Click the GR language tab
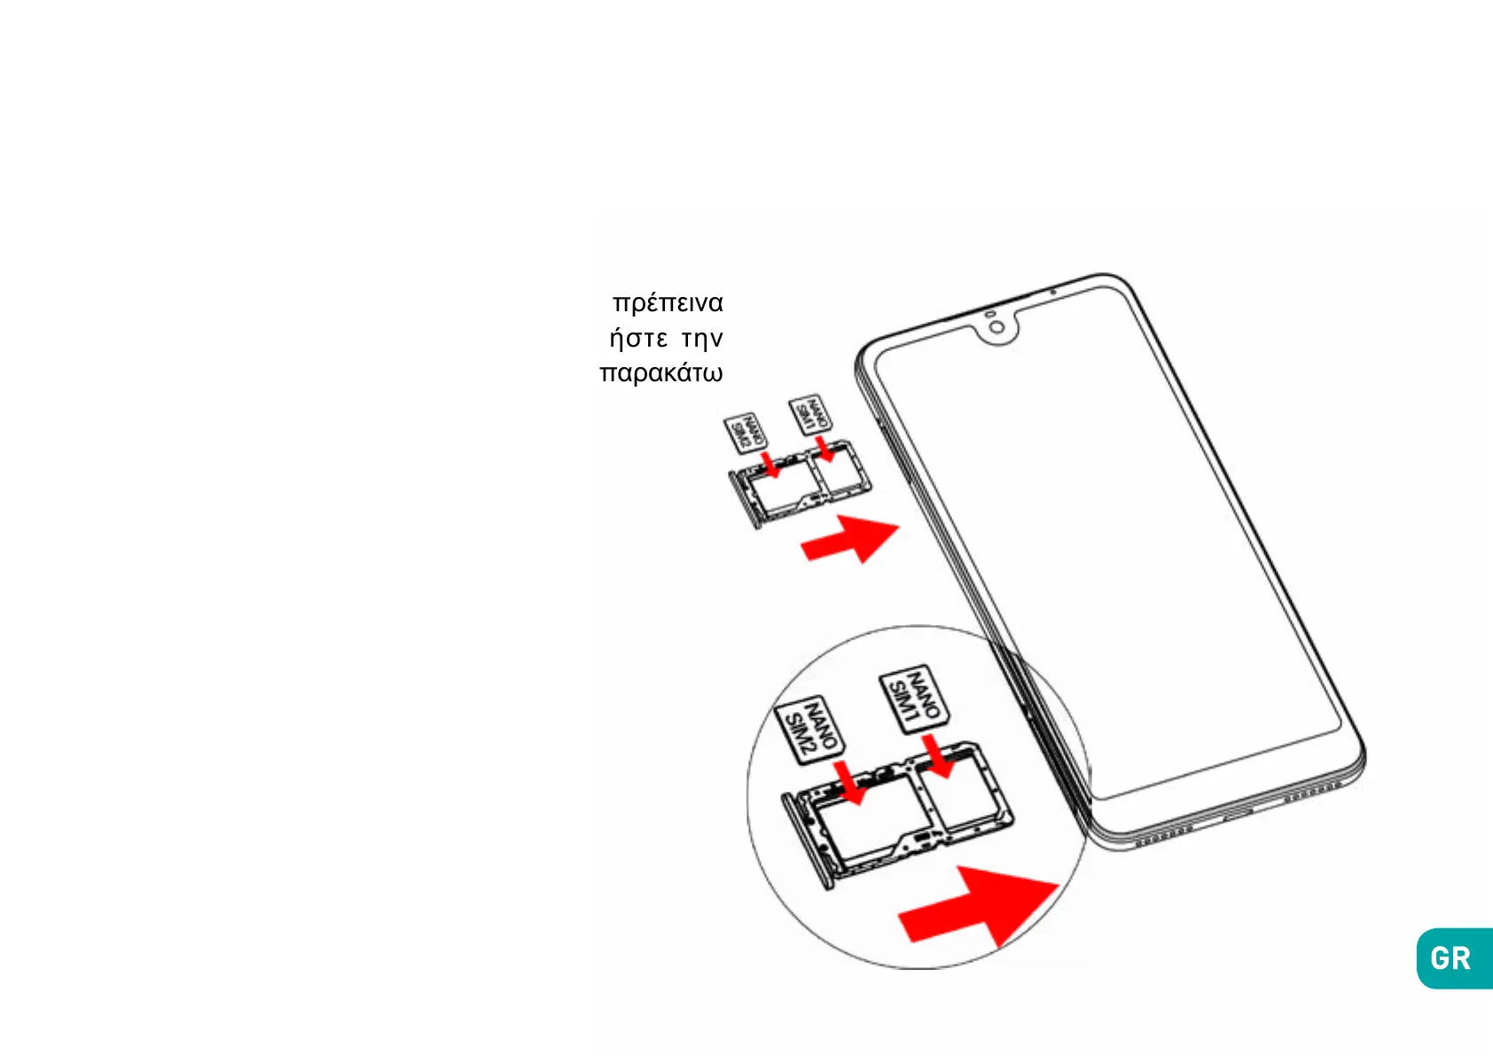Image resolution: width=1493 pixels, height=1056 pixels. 1452,958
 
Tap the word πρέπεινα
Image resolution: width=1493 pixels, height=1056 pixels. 668,303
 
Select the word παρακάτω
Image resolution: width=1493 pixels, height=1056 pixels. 661,372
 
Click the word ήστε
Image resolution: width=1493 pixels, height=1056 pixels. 638,339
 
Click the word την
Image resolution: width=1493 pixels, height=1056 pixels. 702,339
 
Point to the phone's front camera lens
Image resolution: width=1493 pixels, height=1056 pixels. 997,328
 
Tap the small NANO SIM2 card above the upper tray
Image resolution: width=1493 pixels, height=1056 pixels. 746,433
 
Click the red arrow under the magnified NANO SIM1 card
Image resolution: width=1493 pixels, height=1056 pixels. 937,755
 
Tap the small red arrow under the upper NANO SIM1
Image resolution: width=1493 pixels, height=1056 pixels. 825,450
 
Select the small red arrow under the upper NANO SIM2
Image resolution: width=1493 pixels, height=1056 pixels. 771,465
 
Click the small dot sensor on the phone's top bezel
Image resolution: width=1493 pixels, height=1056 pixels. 1052,292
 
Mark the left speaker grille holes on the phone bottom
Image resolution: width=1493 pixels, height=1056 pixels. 1164,835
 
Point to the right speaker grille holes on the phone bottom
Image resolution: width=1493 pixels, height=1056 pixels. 1312,794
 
